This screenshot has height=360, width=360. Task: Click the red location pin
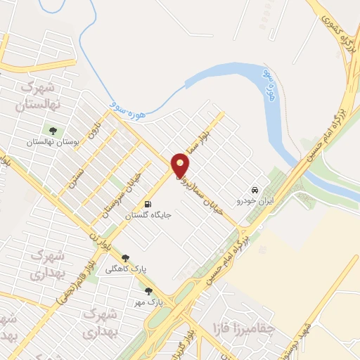pyautogui.click(x=181, y=166)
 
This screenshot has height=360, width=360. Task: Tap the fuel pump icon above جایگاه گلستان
pyautogui.click(x=147, y=205)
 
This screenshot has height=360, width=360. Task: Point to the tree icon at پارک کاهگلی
pyautogui.click(x=126, y=258)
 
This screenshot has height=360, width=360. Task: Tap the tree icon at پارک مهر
pyautogui.click(x=148, y=290)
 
